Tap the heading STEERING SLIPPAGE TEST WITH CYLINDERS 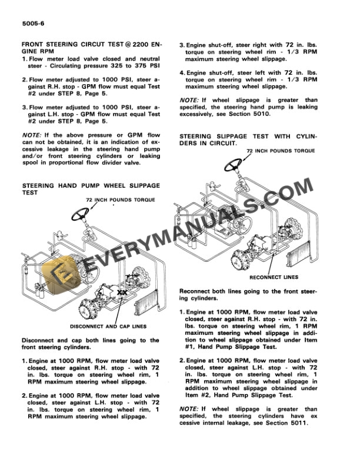(247, 139)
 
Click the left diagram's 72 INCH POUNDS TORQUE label (120, 200)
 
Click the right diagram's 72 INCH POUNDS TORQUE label (281, 151)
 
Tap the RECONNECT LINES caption (274, 277)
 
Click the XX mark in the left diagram (122, 292)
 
